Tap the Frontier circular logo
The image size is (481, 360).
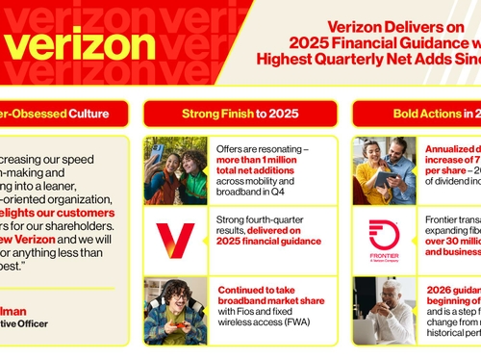(x=384, y=234)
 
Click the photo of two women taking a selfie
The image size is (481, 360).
(x=175, y=170)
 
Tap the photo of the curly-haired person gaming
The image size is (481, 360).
(x=175, y=310)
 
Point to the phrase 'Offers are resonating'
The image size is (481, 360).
(x=259, y=148)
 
